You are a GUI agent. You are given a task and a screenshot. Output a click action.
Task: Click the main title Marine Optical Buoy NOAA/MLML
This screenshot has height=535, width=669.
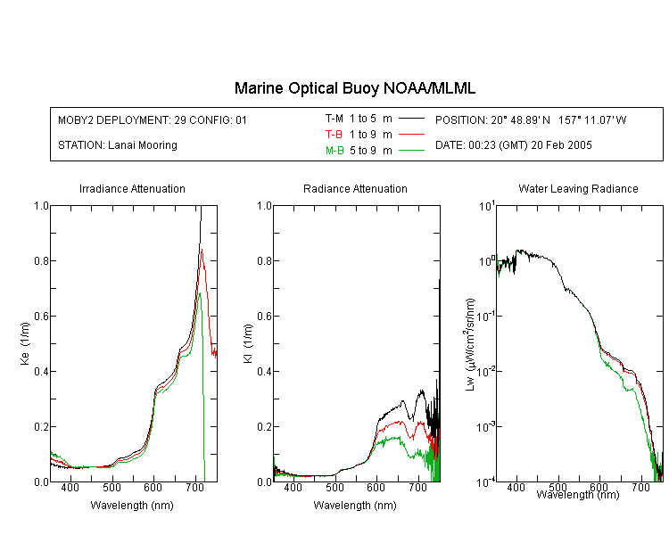354,89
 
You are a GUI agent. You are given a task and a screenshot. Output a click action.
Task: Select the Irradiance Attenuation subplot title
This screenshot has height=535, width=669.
132,189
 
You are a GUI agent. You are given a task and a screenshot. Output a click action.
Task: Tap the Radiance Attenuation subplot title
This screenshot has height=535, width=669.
355,189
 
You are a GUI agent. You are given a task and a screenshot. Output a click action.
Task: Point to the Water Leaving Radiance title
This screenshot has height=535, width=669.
578,189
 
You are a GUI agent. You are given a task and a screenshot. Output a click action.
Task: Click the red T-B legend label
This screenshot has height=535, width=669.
334,135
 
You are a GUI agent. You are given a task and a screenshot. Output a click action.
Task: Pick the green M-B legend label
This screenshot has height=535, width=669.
334,151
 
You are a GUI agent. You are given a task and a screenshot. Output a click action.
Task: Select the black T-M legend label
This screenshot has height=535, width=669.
334,119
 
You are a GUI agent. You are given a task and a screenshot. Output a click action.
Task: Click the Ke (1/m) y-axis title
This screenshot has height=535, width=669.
25,344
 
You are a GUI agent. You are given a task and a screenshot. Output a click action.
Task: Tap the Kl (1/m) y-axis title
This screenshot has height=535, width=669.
248,344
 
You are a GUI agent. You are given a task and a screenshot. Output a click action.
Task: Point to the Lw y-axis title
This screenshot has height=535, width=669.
470,344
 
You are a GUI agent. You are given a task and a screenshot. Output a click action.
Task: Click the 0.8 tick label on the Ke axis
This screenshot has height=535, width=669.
41,260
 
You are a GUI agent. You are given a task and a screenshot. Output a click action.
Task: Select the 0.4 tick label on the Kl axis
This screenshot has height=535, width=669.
265,372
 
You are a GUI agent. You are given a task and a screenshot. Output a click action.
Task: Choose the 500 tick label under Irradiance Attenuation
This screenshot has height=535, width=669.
111,488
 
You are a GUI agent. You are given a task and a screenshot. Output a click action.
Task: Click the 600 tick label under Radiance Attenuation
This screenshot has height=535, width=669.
376,488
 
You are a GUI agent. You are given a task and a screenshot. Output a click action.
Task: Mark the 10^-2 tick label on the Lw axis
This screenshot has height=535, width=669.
485,372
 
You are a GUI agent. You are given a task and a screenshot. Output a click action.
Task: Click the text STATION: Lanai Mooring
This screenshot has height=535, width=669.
118,145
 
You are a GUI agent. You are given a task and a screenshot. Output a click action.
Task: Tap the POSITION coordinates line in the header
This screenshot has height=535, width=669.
531,120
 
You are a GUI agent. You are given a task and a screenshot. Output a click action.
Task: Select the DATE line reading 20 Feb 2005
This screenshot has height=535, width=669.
513,145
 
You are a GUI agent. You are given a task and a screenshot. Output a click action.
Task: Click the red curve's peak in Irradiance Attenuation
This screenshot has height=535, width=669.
202,249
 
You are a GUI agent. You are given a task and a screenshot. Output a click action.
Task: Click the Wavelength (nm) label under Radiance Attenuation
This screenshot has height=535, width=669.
355,506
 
